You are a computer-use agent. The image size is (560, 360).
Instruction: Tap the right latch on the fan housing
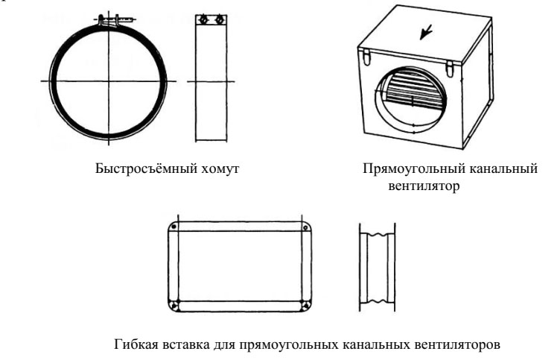pyautogui.click(x=449, y=66)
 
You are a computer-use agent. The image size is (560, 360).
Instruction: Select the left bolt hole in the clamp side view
pyautogui.click(x=201, y=19)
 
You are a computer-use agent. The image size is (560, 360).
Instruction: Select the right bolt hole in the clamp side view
pyautogui.click(x=218, y=19)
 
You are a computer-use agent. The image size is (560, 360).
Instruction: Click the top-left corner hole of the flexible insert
pyautogui.click(x=173, y=226)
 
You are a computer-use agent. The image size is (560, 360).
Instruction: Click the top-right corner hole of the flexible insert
pyautogui.click(x=305, y=226)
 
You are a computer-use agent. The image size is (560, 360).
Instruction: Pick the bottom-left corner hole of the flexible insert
pyautogui.click(x=173, y=305)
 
